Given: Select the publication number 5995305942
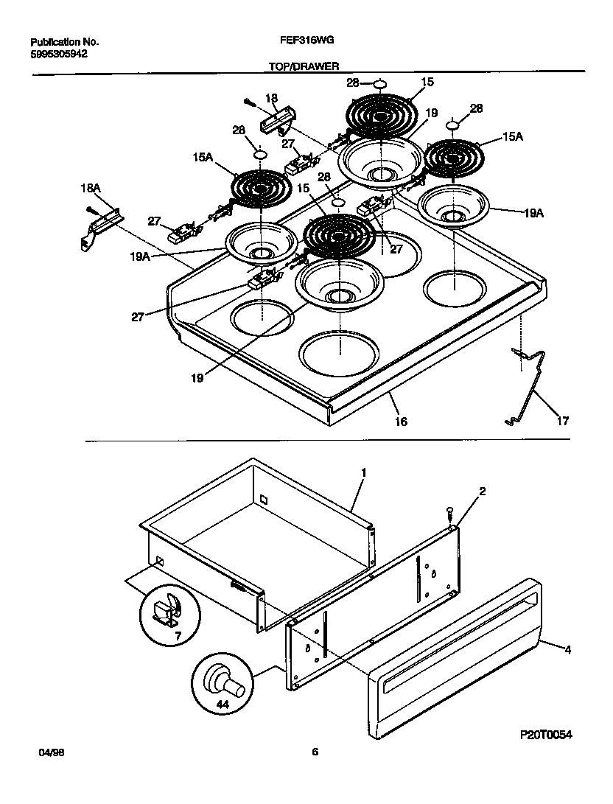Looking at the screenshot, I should (61, 54).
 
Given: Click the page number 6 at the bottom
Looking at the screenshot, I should (315, 752).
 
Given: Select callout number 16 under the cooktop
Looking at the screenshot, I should (400, 422).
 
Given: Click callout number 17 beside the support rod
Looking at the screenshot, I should (562, 422).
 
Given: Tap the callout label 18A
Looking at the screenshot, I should (90, 189).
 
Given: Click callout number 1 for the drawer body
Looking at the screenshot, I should (362, 471).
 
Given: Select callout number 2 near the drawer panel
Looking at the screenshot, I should (482, 491).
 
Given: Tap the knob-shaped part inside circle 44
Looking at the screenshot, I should (223, 677).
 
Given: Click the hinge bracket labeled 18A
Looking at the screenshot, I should (102, 224).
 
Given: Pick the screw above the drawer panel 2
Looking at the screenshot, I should (449, 511).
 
